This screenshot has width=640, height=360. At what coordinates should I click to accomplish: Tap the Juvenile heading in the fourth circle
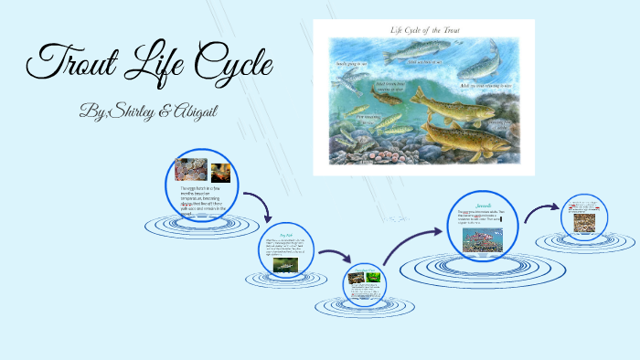pos(483,205)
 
